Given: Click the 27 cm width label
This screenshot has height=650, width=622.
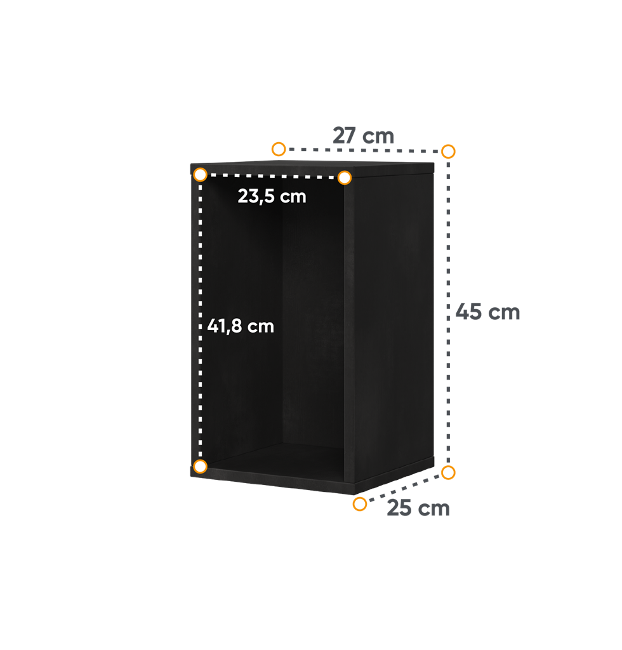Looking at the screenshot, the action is pyautogui.click(x=363, y=136).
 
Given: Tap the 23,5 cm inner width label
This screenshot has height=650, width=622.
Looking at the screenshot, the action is pyautogui.click(x=272, y=196).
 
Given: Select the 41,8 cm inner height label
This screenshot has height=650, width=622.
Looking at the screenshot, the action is pyautogui.click(x=241, y=326).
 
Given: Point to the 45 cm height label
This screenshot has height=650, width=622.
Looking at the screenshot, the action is pyautogui.click(x=487, y=312).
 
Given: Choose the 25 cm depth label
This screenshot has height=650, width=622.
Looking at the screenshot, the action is pyautogui.click(x=418, y=508).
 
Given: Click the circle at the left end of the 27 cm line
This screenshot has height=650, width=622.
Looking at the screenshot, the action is pyautogui.click(x=279, y=149).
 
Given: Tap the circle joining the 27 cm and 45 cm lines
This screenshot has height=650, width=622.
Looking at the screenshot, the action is pyautogui.click(x=448, y=151).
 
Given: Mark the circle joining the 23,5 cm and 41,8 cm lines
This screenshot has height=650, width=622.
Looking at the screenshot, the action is pyautogui.click(x=200, y=175).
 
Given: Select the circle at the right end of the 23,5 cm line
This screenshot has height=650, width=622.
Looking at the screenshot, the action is pyautogui.click(x=345, y=178).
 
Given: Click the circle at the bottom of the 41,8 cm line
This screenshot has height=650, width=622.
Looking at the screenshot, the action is pyautogui.click(x=200, y=467).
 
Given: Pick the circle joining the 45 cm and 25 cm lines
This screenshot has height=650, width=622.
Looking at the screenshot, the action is pyautogui.click(x=448, y=472).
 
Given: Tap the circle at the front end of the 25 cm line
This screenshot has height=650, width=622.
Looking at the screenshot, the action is pyautogui.click(x=360, y=504).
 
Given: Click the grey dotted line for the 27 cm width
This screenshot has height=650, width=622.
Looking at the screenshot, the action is pyautogui.click(x=363, y=150).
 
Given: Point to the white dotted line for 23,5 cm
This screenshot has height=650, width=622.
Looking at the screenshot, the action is pyautogui.click(x=272, y=176).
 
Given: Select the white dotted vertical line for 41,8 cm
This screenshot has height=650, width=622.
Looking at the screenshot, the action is pyautogui.click(x=200, y=321).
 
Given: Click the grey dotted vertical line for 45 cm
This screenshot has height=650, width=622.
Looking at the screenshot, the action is pyautogui.click(x=448, y=312).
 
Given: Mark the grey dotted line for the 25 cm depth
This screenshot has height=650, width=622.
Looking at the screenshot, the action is pyautogui.click(x=404, y=488).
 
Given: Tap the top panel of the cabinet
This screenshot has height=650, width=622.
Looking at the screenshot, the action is pyautogui.click(x=313, y=167).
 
